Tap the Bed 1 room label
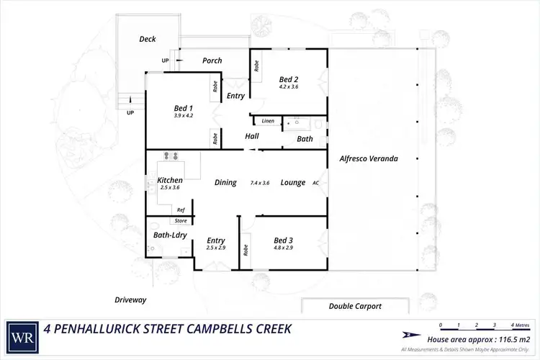tap(163, 107)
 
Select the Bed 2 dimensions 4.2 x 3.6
tap(288, 86)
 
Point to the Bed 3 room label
tap(283, 240)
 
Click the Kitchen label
tap(169, 180)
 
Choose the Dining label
tap(225, 183)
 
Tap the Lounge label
tap(292, 183)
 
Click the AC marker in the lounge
tap(315, 183)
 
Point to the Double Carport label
tap(355, 306)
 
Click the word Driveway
tap(130, 299)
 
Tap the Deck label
tap(148, 39)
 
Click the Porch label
tap(212, 60)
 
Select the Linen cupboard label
tap(267, 120)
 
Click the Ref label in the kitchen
tap(181, 210)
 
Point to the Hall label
tap(251, 135)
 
